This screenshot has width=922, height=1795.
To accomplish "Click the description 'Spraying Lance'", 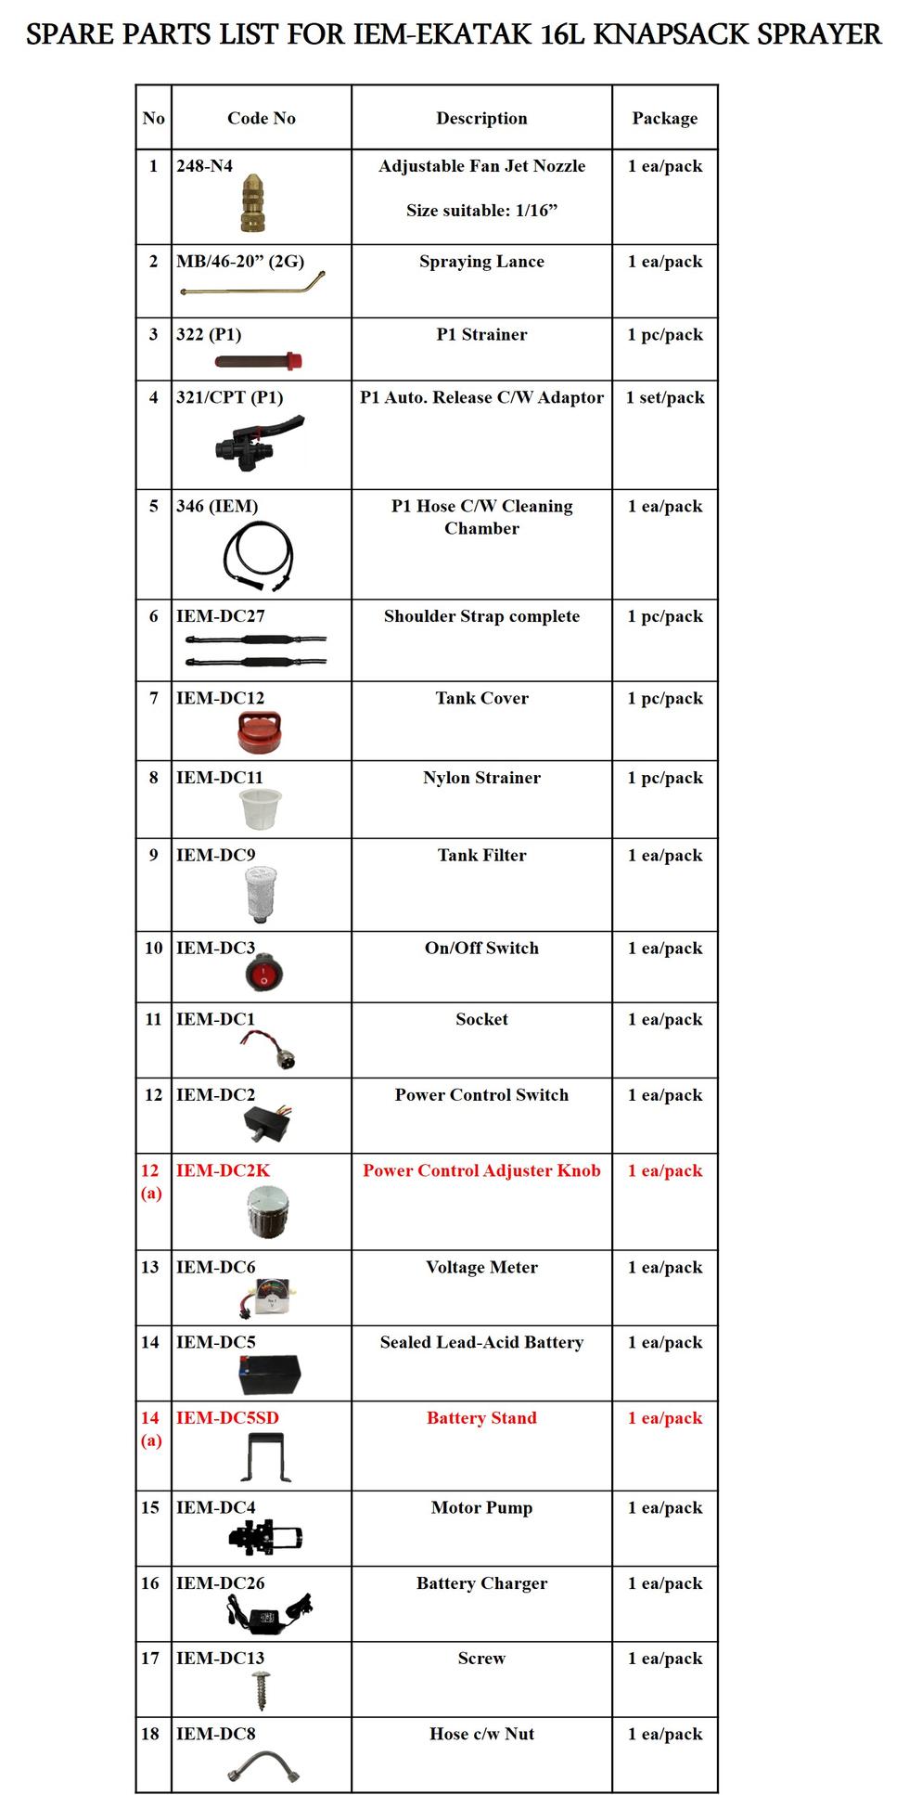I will pos(481,262).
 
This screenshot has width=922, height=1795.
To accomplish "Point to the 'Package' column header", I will pos(664,118).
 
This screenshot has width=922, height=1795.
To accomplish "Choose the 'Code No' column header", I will pos(261,118).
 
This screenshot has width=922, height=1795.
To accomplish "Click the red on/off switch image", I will pos(264,973).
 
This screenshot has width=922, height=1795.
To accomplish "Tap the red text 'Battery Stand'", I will pos(481,1417).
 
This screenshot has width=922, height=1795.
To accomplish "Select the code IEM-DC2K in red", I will pos(223,1170).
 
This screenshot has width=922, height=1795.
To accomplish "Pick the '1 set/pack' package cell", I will pos(664,397).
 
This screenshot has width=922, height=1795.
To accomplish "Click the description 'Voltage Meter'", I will pos(481,1267).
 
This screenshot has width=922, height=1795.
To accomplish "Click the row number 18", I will pos(150,1734).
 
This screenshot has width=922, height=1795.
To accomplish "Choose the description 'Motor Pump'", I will pos(481,1507).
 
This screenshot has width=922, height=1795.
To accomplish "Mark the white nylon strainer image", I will pos(260,808).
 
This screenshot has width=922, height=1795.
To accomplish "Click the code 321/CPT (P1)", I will pos(229,397).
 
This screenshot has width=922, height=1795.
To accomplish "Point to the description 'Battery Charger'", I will pos(481,1583).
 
